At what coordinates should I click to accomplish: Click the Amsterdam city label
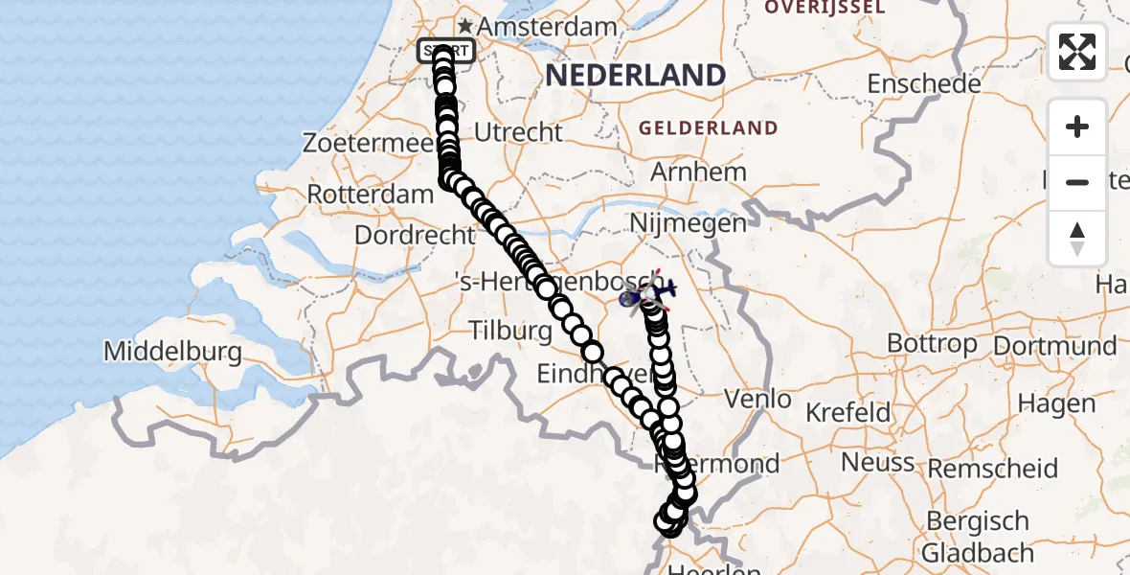pos(546,27)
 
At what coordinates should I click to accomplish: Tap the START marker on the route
pos(445,51)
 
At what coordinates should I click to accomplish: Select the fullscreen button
pos(1077,52)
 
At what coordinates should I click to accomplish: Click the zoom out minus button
pos(1077,182)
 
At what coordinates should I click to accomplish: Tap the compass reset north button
pos(1077,239)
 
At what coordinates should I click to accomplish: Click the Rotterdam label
pos(370,195)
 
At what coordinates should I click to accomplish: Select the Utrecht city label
pos(518,132)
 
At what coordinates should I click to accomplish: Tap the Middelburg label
pos(173,352)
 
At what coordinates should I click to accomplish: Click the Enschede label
pos(924,84)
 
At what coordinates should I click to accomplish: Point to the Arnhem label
pos(698,172)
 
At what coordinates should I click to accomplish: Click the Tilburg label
pos(510,332)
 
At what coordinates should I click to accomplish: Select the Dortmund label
pos(1055,346)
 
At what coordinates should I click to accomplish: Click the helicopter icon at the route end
pos(648,294)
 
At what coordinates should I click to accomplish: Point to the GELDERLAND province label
pos(709,128)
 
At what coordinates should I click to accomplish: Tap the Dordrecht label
pos(415,235)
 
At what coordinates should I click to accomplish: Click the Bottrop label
pos(932,343)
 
